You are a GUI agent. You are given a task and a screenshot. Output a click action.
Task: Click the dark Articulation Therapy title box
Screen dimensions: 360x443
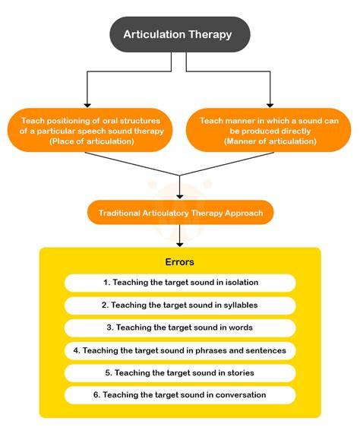(180, 34)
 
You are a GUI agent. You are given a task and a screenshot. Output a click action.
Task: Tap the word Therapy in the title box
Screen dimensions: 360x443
(210, 35)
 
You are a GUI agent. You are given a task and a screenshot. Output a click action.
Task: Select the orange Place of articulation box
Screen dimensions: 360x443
(90, 130)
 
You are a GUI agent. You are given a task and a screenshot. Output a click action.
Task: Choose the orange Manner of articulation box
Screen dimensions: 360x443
(269, 130)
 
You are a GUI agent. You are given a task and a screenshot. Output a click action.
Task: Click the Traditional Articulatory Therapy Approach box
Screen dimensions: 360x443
(181, 213)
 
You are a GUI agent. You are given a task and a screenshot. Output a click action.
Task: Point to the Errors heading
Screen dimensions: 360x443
(179, 262)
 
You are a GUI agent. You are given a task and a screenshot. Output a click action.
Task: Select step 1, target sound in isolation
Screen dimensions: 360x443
(180, 283)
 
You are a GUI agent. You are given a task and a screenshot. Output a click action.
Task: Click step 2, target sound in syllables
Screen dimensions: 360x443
(180, 305)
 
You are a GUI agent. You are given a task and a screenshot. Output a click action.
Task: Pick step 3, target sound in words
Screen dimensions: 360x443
(180, 328)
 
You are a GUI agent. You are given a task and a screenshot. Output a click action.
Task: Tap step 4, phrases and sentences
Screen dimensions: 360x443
(180, 350)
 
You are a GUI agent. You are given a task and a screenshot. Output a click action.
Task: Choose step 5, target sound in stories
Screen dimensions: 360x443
(180, 373)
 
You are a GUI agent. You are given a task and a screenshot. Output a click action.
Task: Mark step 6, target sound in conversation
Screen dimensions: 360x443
(180, 395)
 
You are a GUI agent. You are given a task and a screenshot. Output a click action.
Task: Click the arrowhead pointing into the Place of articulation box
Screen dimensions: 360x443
(87, 106)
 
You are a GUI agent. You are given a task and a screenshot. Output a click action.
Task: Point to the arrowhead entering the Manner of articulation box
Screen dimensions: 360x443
(270, 106)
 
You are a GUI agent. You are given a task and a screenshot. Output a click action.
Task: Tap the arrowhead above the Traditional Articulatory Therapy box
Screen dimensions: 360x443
(179, 197)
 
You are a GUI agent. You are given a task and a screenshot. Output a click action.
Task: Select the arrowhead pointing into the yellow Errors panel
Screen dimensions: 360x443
(179, 245)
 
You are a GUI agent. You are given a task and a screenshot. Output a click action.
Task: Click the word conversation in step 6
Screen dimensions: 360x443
(241, 394)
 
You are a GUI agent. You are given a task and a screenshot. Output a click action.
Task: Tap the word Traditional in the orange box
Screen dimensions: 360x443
(119, 213)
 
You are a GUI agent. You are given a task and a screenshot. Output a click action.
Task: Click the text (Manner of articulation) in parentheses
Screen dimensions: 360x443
(270, 141)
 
